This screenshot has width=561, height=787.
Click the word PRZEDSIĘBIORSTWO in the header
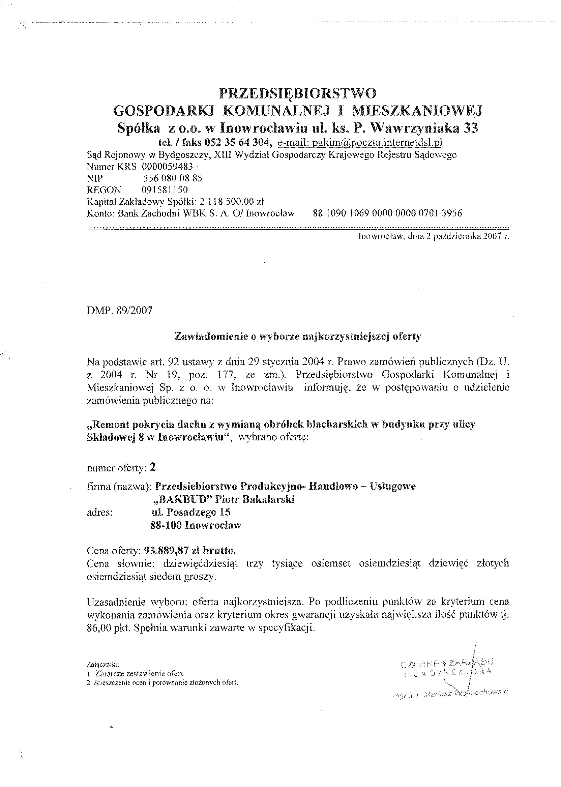[297, 93]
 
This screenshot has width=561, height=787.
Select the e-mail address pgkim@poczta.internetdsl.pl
[360, 143]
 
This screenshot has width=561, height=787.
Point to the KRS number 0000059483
[167, 167]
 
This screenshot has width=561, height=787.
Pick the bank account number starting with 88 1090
[387, 213]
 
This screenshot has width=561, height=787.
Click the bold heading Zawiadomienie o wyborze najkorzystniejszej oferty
[298, 337]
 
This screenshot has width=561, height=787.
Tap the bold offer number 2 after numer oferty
[153, 467]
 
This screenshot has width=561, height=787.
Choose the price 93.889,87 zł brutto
[189, 550]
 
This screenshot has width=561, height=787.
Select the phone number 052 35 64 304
[237, 142]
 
